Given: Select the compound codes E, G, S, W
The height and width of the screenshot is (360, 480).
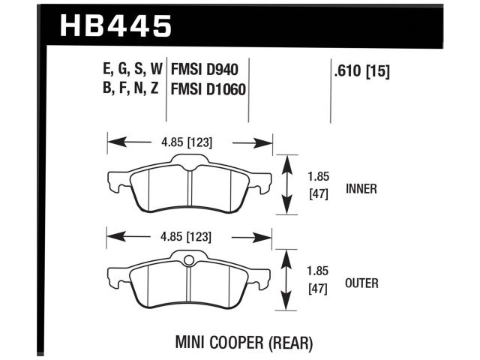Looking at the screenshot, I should point(126,71).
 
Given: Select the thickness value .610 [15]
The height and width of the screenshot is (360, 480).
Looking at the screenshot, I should point(361,72).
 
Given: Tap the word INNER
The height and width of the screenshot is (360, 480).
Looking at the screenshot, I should point(361,189).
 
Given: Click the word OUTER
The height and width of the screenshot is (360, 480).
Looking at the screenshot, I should point(362,283).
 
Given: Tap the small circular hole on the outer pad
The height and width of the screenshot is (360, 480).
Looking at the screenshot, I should point(188,261).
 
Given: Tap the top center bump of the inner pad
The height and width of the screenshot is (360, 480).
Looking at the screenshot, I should point(188,160).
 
